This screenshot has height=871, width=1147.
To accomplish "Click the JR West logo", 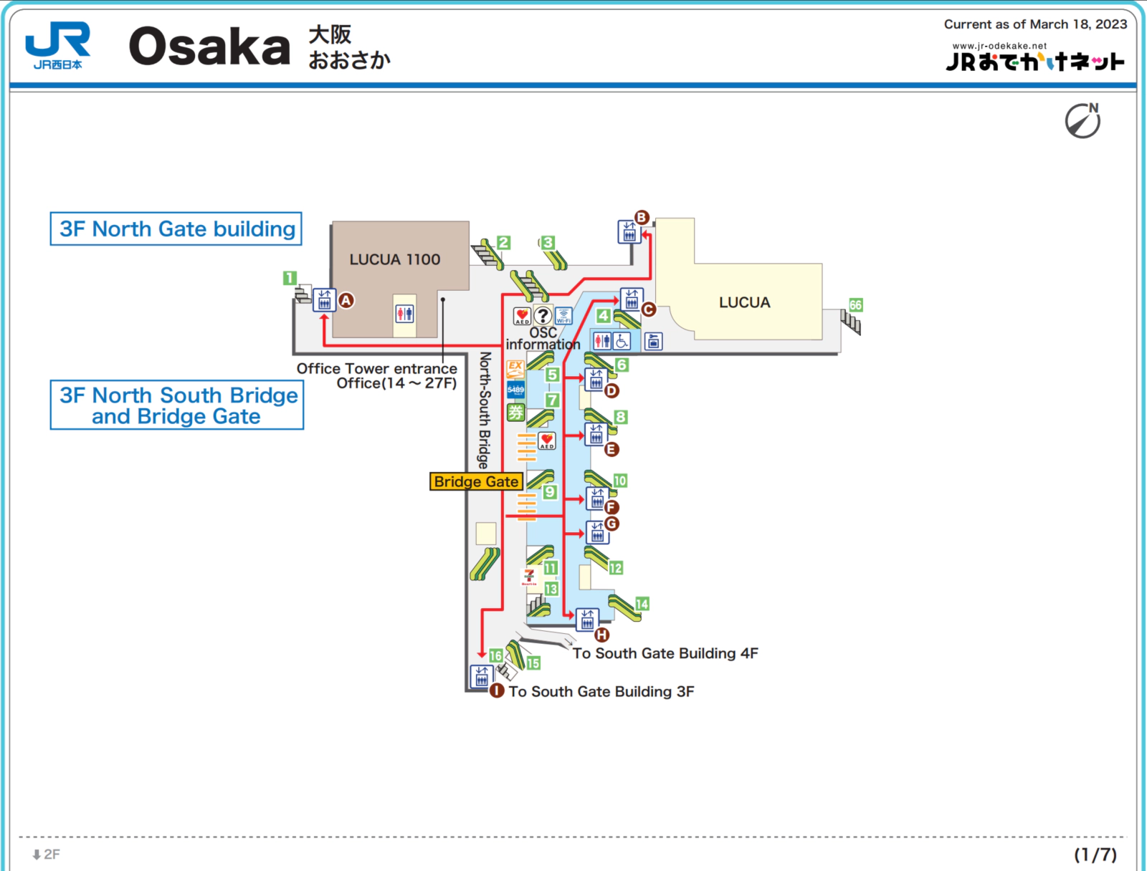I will point(57,44).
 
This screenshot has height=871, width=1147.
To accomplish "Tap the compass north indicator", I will point(1082,120).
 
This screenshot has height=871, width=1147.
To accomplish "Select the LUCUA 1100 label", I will point(394,259).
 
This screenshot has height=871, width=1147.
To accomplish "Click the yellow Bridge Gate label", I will point(476,481).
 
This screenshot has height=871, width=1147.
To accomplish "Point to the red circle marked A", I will point(346,301).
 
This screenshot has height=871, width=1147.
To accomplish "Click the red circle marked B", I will point(642,218).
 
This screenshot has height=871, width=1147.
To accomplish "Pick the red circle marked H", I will point(602,635).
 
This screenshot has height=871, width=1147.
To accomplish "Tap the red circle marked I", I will point(497,690).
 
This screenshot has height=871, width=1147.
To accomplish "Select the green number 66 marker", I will point(855,305).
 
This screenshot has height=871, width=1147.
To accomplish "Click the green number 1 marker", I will point(290,278).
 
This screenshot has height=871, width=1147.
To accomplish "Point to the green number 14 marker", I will point(642,604).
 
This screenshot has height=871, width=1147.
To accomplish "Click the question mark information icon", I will point(543,315).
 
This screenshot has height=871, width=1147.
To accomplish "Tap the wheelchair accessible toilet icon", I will point(622,341).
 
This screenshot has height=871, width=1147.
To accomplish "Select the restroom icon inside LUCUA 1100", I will point(404,313).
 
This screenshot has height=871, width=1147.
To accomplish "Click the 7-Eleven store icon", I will point(529,577).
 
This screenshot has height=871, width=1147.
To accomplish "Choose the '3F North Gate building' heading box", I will point(176,228).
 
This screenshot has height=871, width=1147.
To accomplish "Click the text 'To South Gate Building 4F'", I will point(665,653).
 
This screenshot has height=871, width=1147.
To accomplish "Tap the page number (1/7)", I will point(1095,854).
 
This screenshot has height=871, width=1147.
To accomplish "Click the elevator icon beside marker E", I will point(596,434).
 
